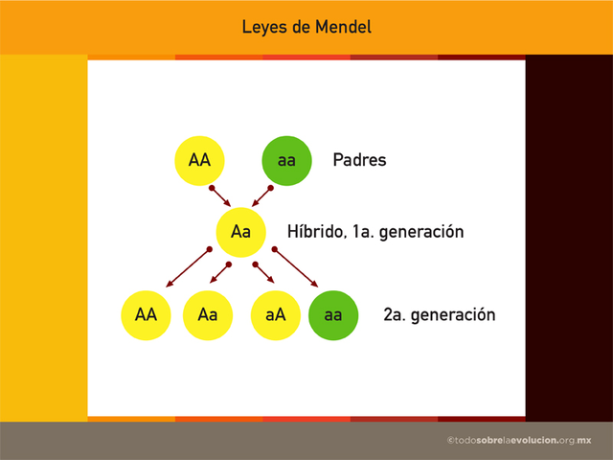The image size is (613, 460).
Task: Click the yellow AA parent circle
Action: [199, 160]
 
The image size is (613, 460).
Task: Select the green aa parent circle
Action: [286, 160]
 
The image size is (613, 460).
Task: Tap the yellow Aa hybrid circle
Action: [240, 232]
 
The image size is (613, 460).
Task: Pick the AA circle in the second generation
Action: [146, 314]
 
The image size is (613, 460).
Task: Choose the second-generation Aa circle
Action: [208, 314]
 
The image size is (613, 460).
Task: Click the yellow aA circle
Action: [274, 314]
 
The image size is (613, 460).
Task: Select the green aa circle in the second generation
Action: [333, 314]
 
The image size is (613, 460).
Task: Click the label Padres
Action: [359, 160]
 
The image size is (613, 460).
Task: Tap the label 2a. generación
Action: [439, 314]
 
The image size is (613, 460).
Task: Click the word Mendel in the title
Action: [339, 27]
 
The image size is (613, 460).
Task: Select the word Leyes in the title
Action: [263, 27]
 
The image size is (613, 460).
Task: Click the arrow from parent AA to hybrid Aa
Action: [220, 195]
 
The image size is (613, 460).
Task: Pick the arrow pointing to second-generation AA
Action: [187, 267]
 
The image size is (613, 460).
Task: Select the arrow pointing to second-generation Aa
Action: [221, 272]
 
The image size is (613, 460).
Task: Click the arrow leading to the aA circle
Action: [262, 273]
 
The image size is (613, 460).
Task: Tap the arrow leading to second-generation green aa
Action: [297, 267]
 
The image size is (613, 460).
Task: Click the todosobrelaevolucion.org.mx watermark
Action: [519, 439]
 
